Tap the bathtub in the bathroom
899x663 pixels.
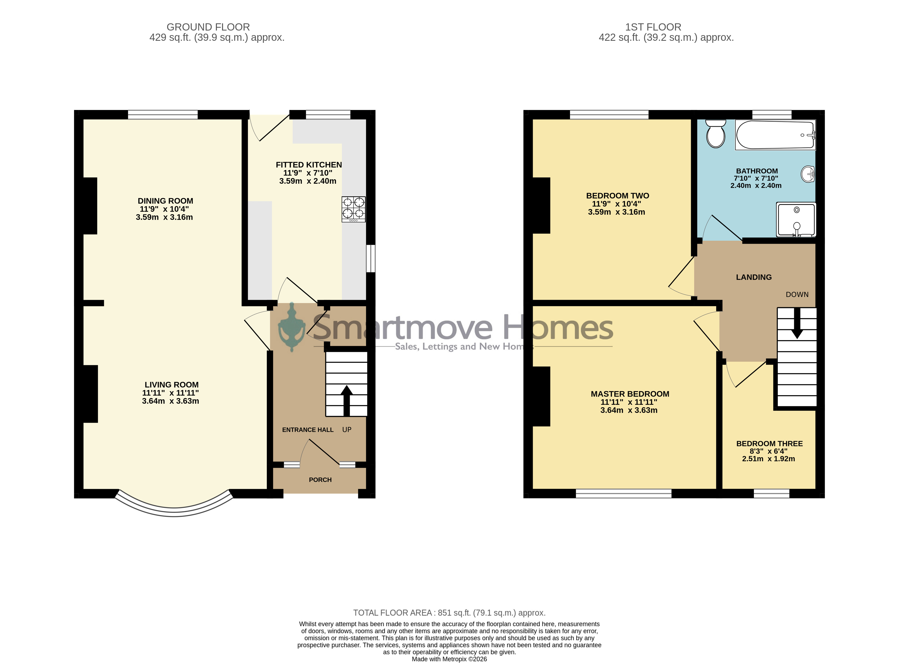pos(775,135)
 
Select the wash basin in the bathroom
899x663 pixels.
pos(807,174)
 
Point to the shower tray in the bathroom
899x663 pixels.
pos(796,220)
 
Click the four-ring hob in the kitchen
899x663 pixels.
pos(353,209)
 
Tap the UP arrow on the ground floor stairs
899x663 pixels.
pos(347,401)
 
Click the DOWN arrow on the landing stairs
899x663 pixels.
pos(797,323)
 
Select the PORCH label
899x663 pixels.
pos(320,480)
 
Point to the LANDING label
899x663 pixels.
pos(754,277)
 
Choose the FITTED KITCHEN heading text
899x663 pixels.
pos(309,165)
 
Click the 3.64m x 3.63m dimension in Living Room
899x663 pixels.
pos(170,401)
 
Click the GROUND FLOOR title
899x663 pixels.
pos(208,27)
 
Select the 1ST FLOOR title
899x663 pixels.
pos(653,27)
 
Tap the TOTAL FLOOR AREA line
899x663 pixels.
pos(449,613)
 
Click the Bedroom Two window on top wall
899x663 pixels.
pos(609,115)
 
